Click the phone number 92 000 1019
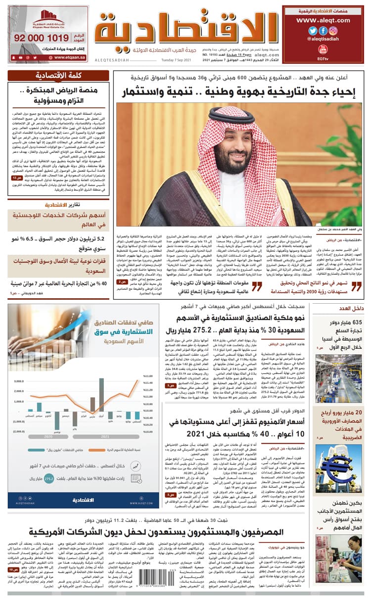coord(42,38)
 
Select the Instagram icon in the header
coord(334,30)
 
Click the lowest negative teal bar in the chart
coord(58,420)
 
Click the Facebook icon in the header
coord(323,30)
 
